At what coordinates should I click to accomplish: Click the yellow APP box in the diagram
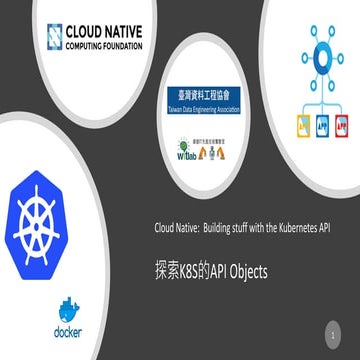tap(297, 128)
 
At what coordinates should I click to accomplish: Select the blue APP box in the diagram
tap(320, 128)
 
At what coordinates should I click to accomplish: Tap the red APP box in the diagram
tap(343, 128)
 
